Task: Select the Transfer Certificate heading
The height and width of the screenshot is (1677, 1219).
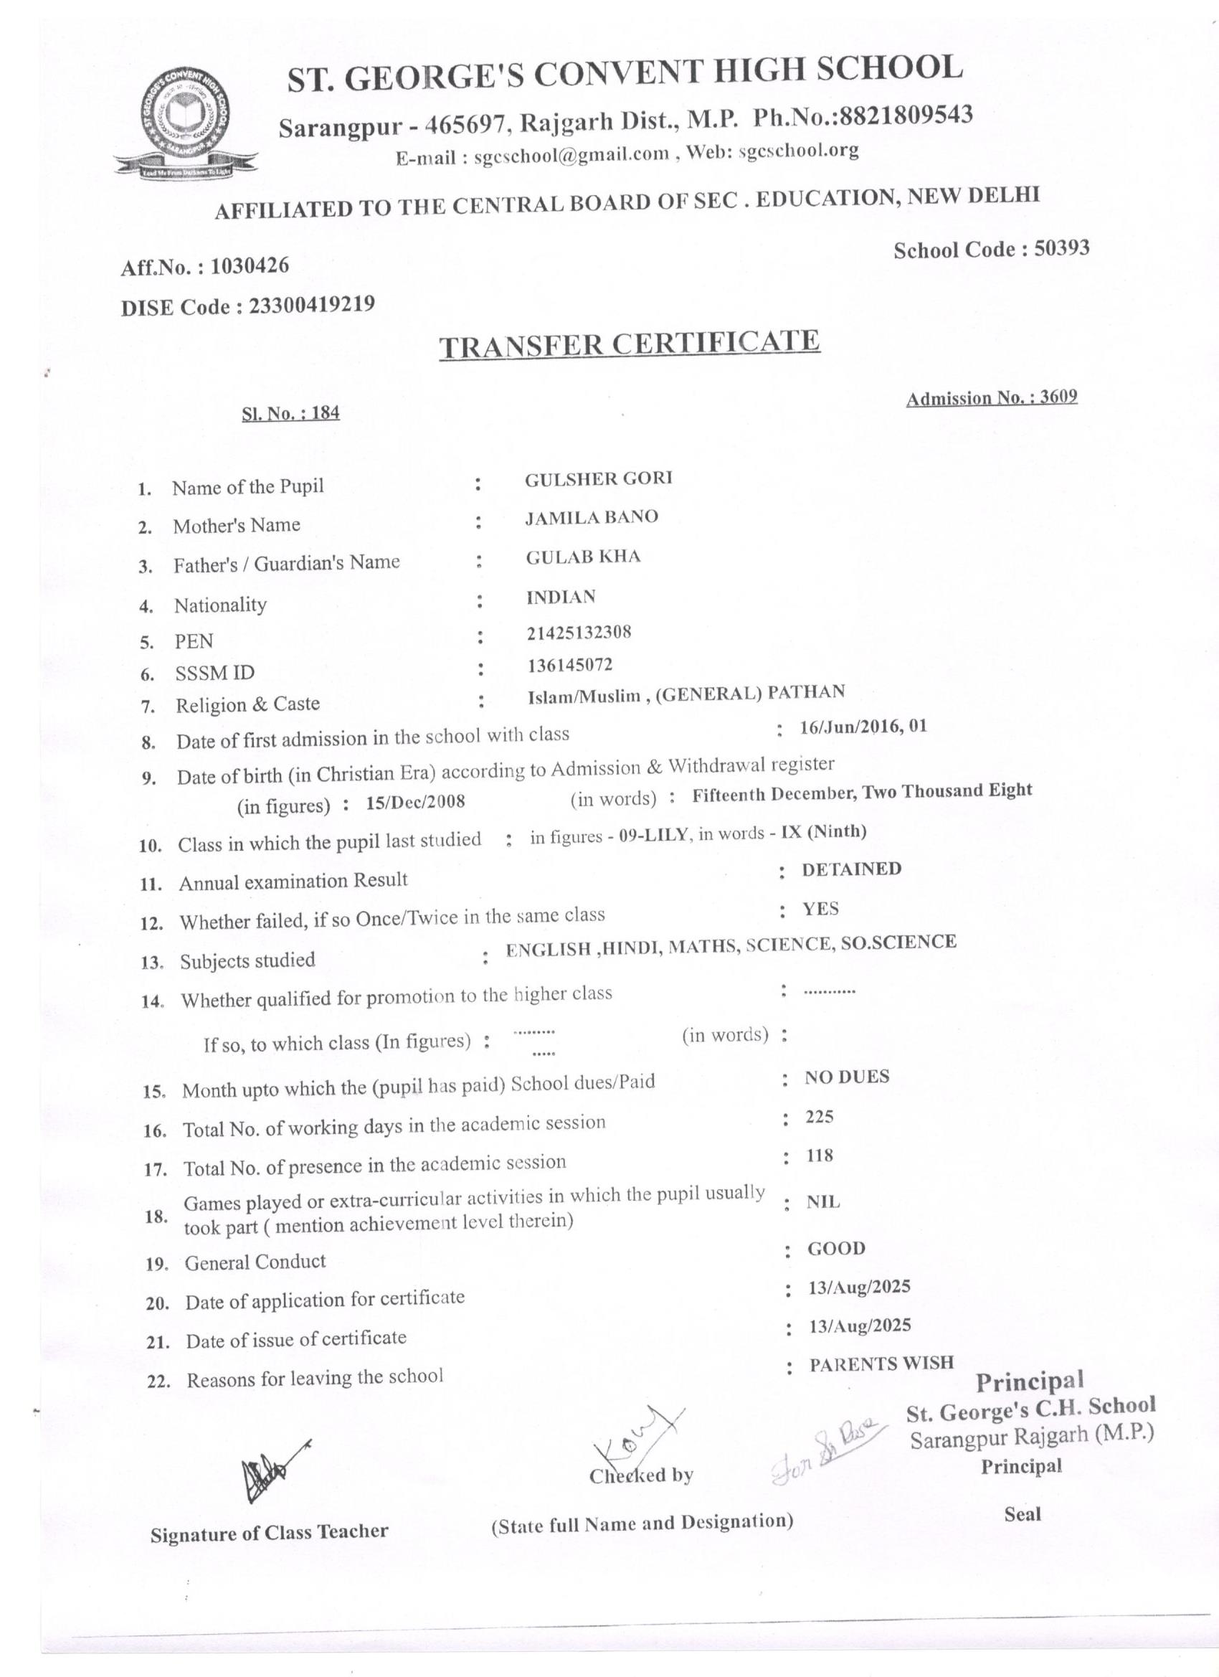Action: point(629,344)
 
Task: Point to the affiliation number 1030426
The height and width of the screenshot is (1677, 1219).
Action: point(250,265)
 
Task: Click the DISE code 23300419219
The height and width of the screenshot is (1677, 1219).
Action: point(311,304)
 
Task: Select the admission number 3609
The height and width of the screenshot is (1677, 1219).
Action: point(1058,397)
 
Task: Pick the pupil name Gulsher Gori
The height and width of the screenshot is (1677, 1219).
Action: point(599,478)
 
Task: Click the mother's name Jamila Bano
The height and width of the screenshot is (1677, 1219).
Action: point(592,517)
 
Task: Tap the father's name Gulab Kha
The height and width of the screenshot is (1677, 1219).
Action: point(583,557)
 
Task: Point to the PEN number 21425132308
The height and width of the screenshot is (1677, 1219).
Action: point(579,632)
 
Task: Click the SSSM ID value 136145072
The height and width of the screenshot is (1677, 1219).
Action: point(569,665)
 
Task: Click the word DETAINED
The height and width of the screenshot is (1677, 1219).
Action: point(852,869)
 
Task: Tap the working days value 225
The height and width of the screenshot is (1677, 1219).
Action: point(819,1117)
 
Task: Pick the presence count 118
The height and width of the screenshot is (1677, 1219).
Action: point(819,1155)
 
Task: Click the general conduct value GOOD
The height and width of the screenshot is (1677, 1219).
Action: point(836,1249)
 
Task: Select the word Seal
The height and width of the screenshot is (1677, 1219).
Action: point(1023,1514)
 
